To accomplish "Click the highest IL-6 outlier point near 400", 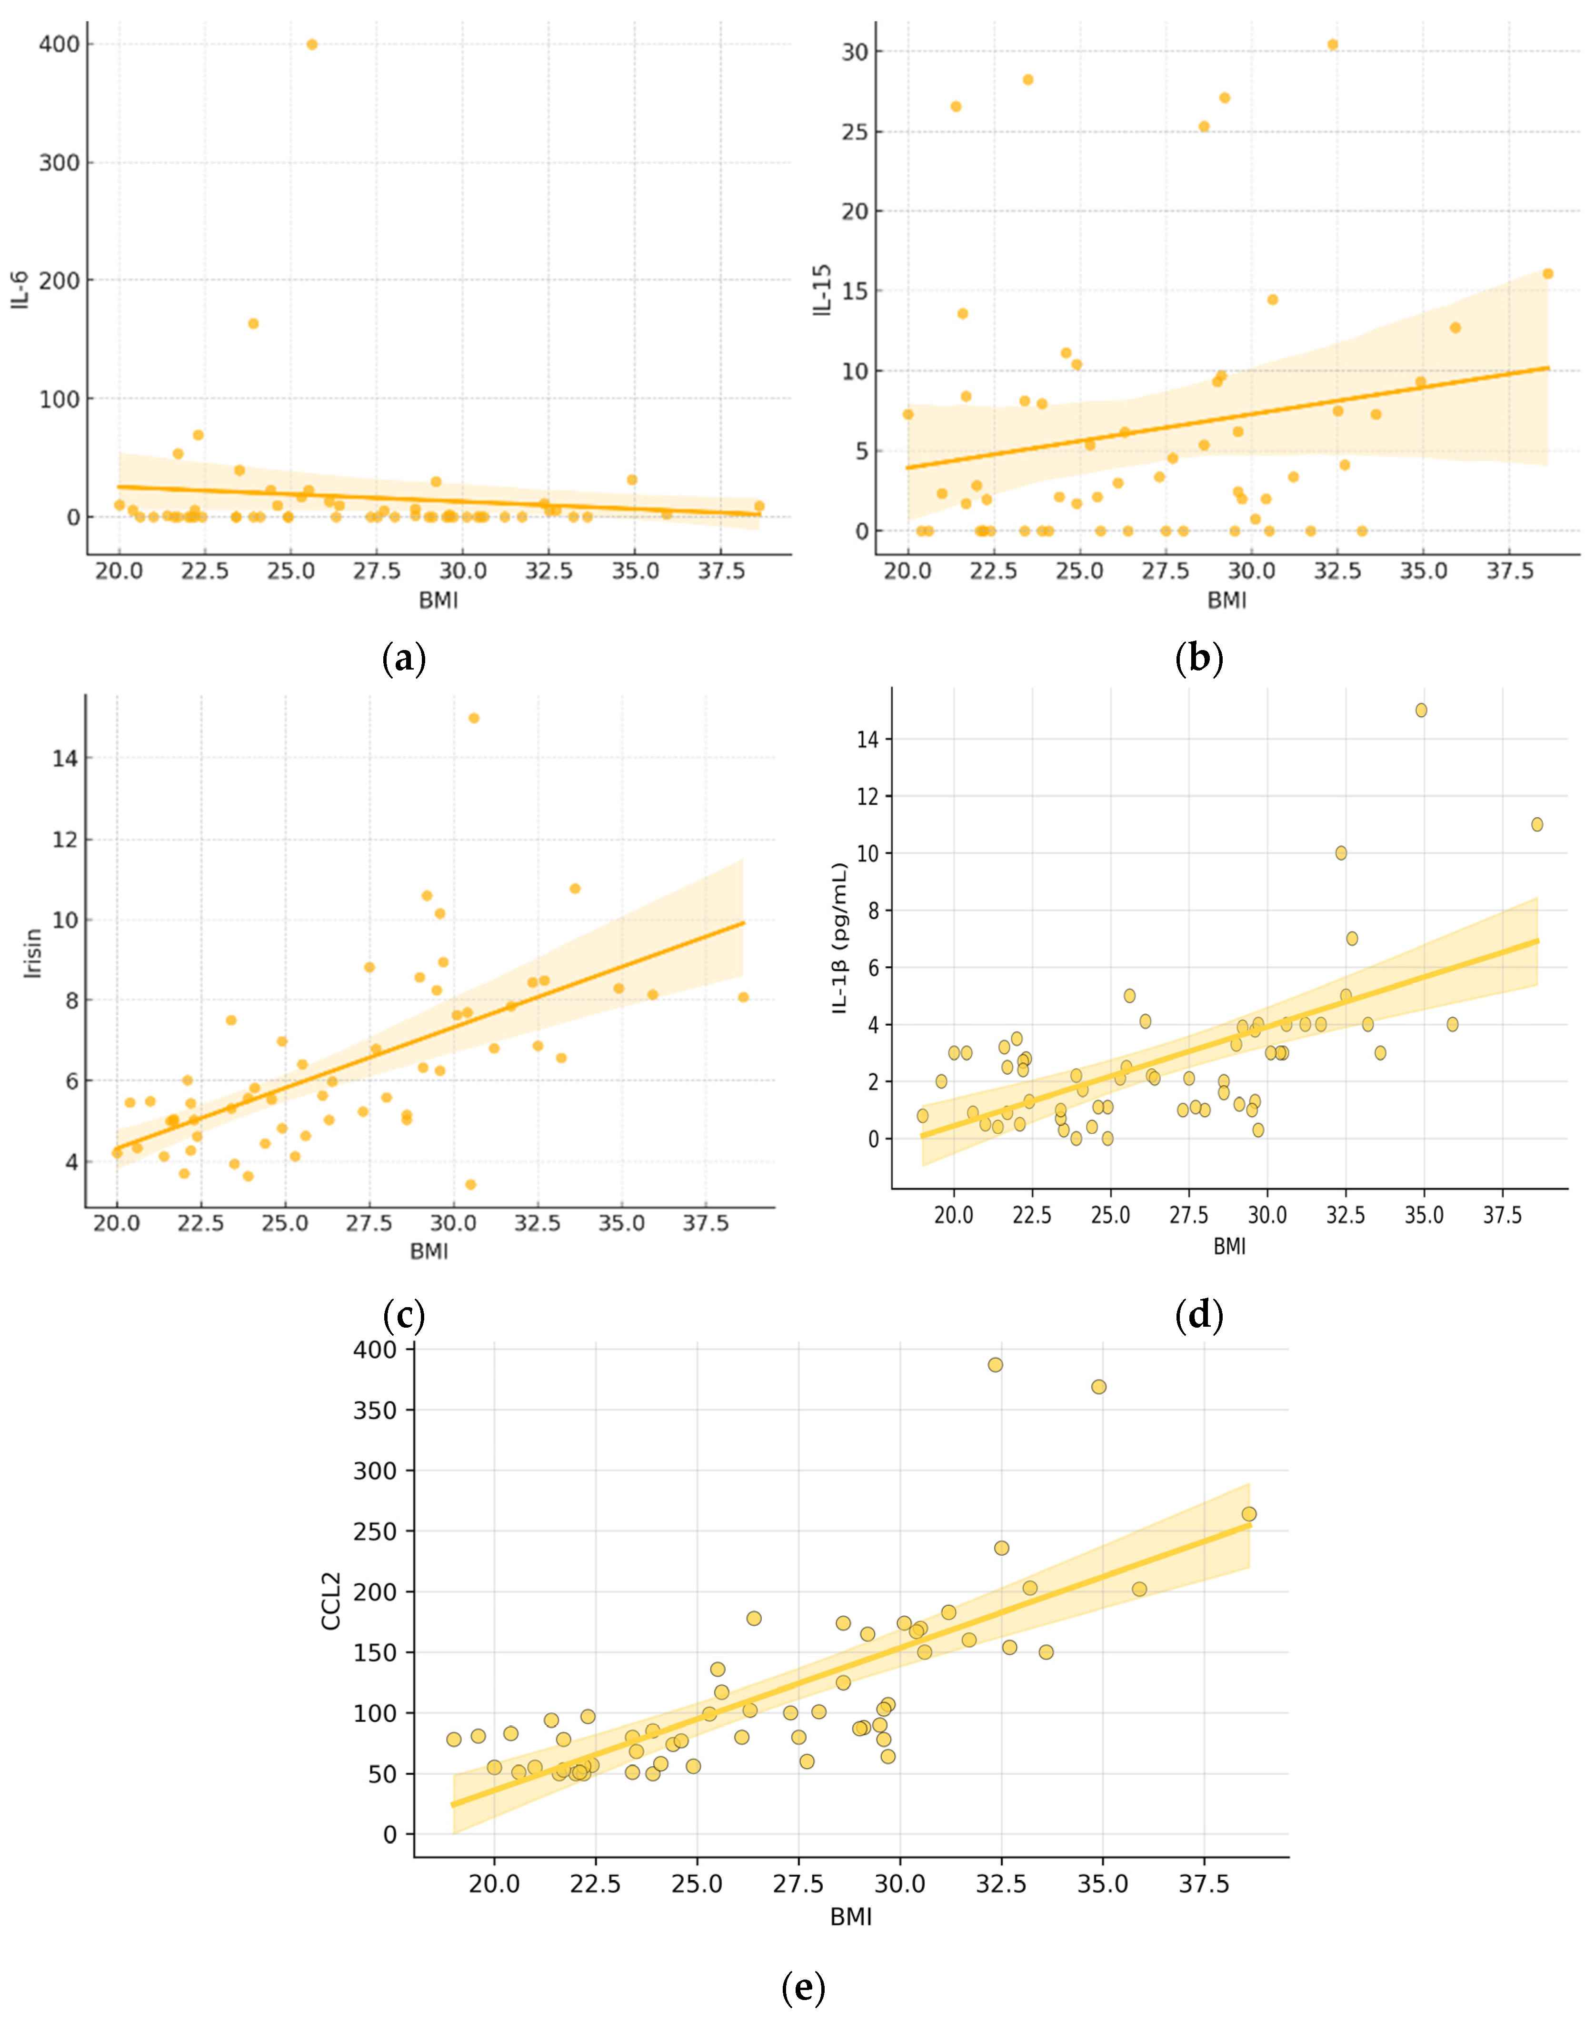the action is click(x=312, y=44).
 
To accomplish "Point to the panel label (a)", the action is click(x=404, y=659).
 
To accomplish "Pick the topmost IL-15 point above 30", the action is click(x=1333, y=44).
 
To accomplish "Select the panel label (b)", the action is click(x=1199, y=659).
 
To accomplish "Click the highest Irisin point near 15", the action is click(x=473, y=717).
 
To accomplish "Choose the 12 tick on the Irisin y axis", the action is click(x=65, y=839).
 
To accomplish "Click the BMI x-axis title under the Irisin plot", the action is click(x=429, y=1251).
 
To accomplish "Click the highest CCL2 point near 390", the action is click(x=996, y=1364).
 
